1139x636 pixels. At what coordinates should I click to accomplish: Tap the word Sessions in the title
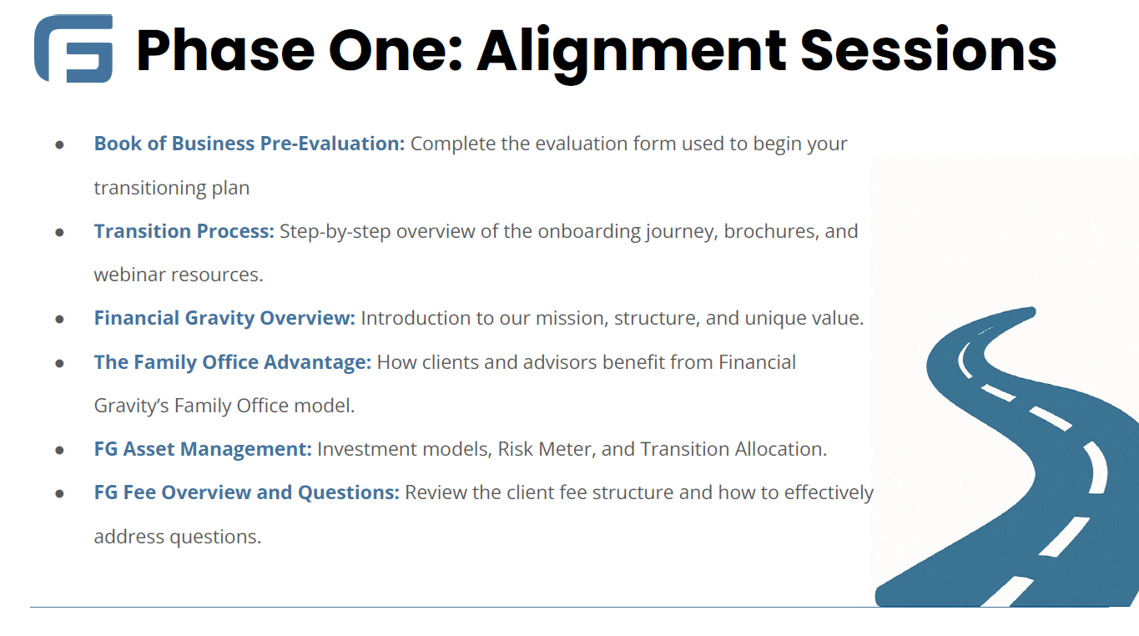tap(929, 49)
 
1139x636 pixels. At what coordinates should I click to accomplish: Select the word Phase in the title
tap(226, 49)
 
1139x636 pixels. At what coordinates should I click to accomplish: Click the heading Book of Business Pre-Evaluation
tap(249, 144)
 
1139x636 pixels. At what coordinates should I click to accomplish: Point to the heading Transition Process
tap(184, 231)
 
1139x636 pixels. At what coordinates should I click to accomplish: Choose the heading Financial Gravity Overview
tap(224, 318)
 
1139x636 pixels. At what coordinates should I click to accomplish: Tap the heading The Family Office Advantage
tap(233, 362)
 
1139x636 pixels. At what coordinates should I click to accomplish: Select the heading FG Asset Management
tap(203, 449)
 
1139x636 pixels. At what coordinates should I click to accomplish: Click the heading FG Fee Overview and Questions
tap(247, 492)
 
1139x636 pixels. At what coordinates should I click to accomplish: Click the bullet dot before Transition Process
tap(59, 233)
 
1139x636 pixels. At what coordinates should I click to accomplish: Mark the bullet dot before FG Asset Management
tap(59, 451)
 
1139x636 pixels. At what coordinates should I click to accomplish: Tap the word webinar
tap(129, 275)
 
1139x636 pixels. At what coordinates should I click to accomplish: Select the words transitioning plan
tap(172, 189)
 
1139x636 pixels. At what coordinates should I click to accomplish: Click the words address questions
tap(178, 537)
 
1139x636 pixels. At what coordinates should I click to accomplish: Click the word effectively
tap(829, 492)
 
